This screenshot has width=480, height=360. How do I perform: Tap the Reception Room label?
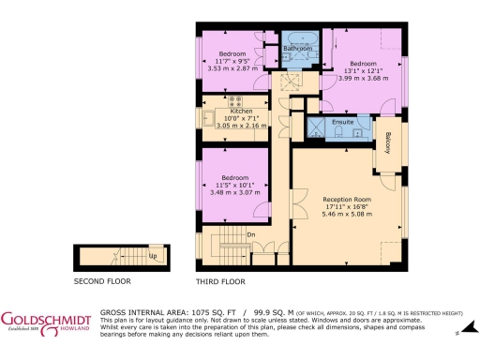pos(347,200)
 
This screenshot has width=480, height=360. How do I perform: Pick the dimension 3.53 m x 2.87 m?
pos(232,69)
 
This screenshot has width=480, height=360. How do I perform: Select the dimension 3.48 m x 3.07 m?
pos(233,192)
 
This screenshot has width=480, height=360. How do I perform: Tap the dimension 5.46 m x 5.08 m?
pos(347,215)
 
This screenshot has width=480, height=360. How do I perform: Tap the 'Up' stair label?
pos(152,254)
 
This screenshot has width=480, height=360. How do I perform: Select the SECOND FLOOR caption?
pos(102,280)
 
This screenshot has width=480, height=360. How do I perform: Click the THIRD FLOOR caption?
pos(221,280)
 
